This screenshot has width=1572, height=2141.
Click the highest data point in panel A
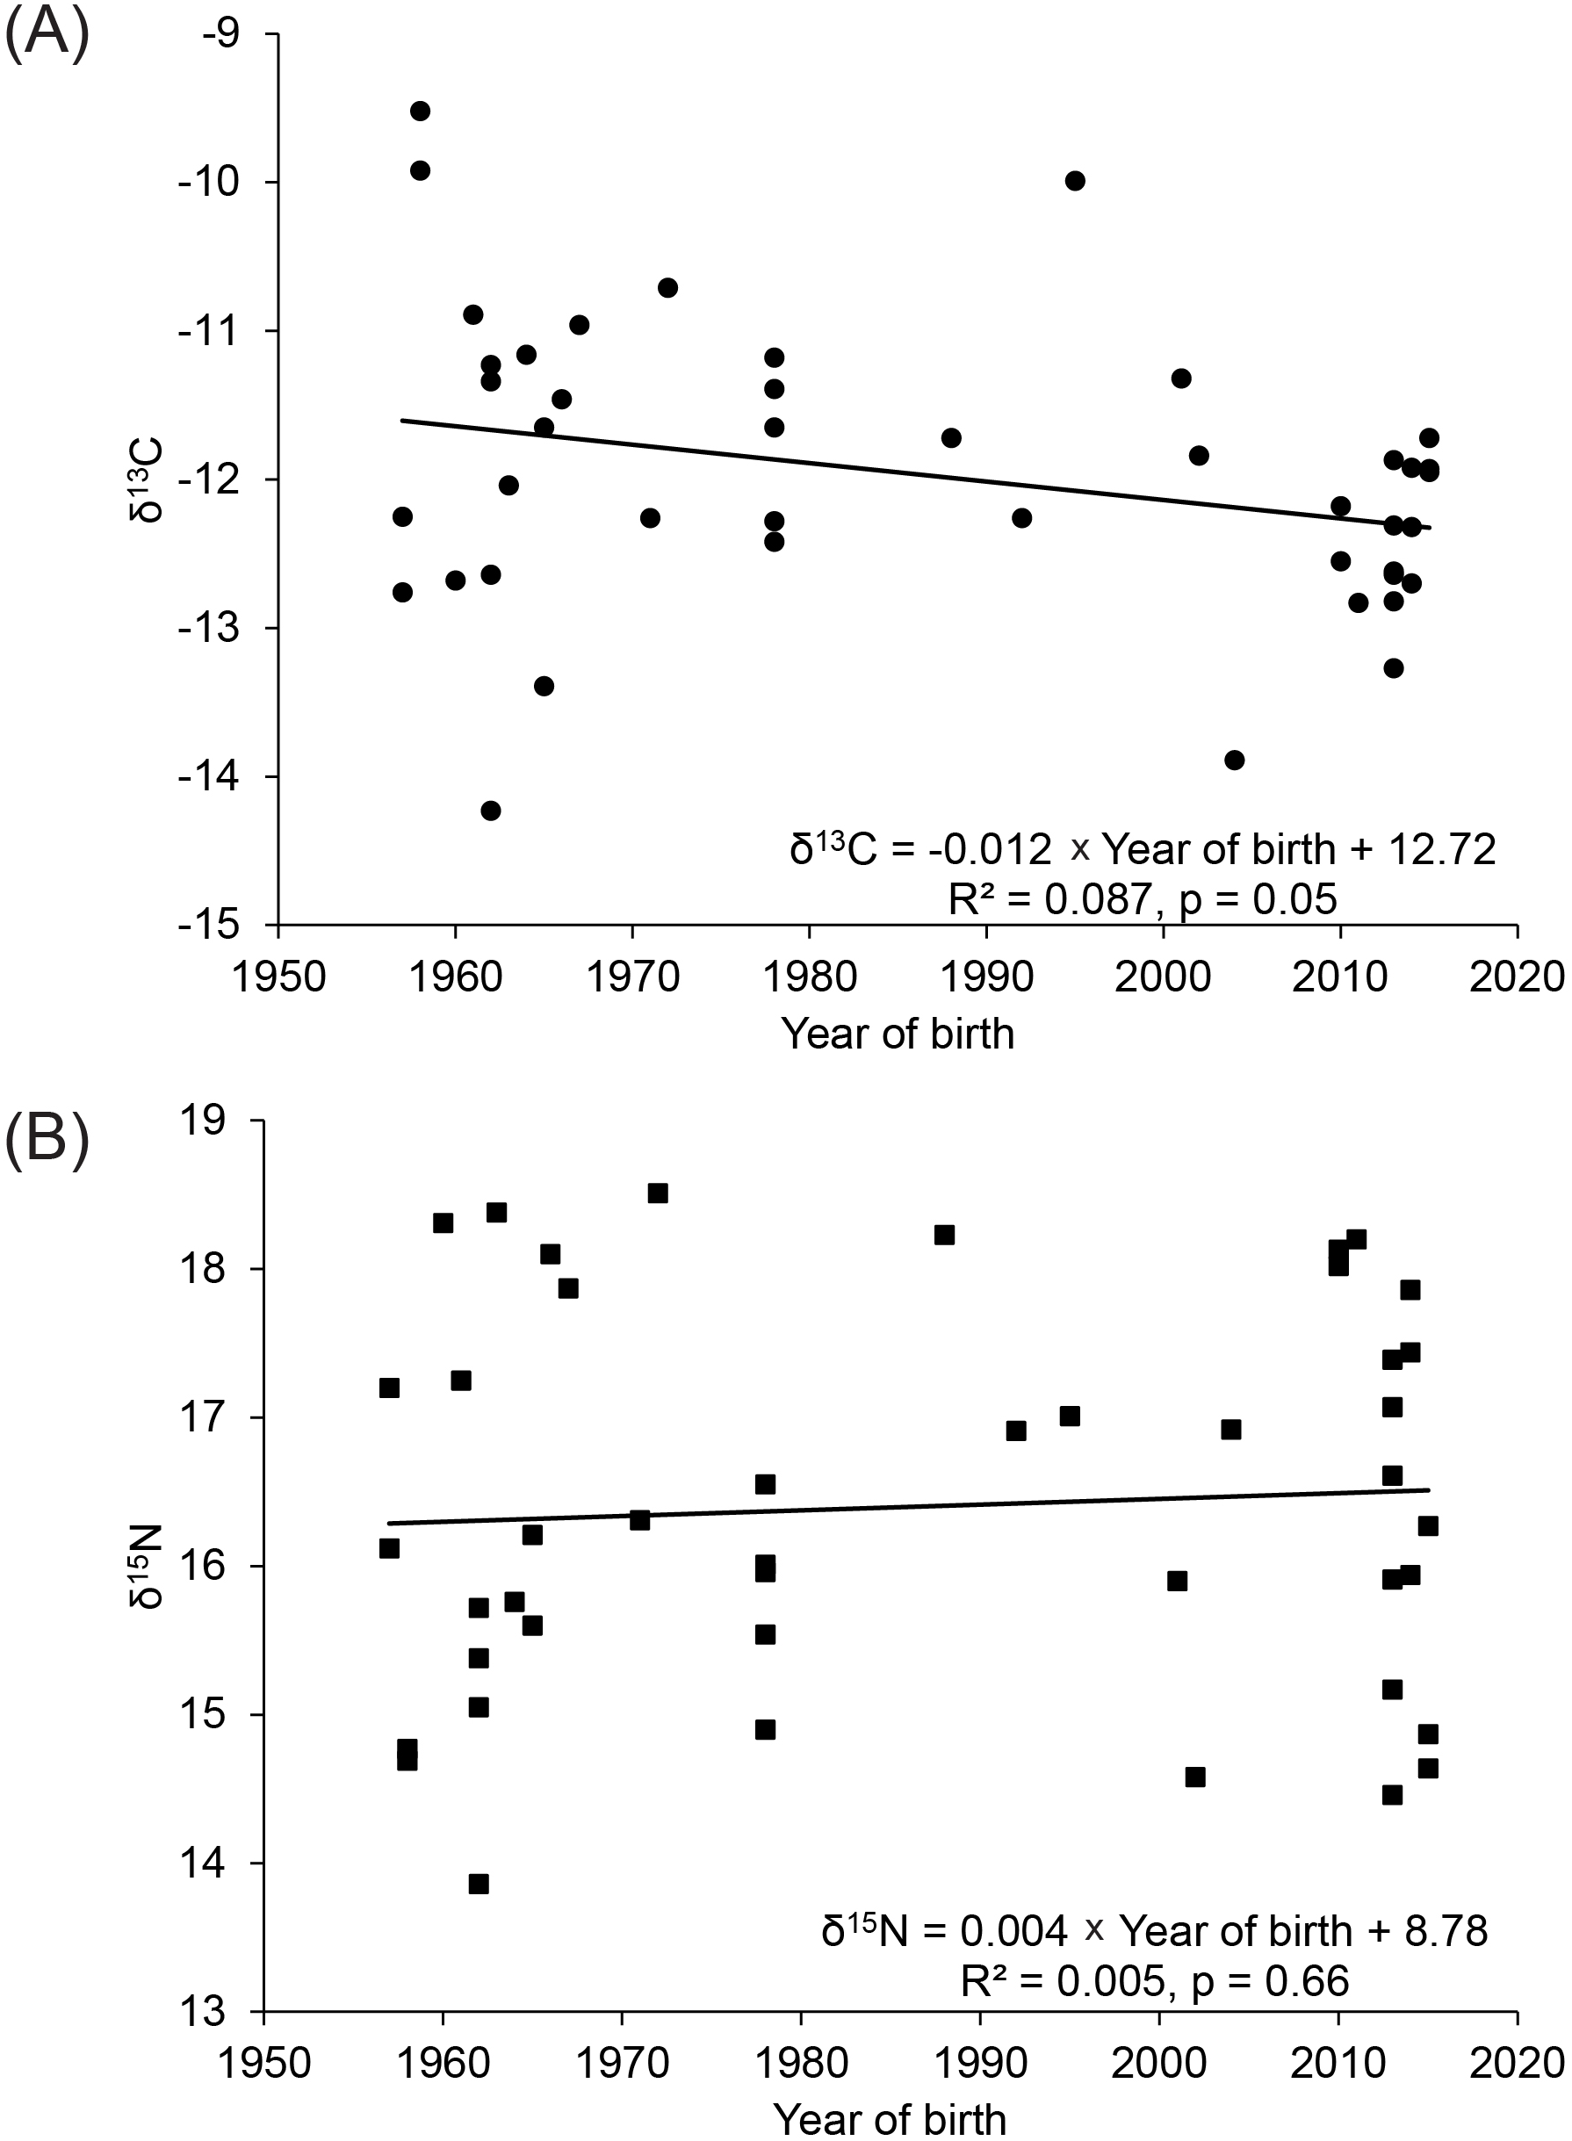(x=420, y=112)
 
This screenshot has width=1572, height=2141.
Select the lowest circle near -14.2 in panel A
(x=491, y=811)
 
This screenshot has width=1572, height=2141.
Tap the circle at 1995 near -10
(x=1075, y=181)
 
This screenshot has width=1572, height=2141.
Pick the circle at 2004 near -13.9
(x=1234, y=760)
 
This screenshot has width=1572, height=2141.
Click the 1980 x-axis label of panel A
(x=809, y=978)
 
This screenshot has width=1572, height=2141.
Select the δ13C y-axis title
(x=146, y=479)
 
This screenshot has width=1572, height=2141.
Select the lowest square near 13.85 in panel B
(x=479, y=1884)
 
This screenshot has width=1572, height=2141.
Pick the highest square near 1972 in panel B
(x=658, y=1193)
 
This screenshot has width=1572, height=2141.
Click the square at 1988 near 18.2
(x=944, y=1235)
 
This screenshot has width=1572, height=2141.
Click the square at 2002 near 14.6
(x=1195, y=1777)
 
